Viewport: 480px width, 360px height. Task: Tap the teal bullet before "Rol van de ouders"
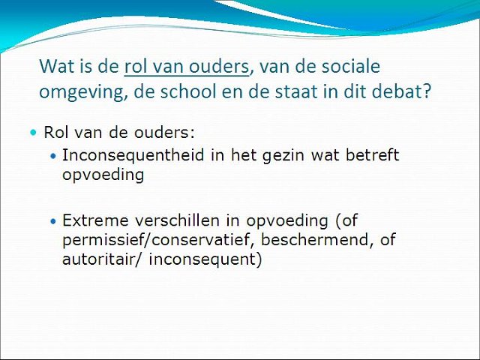33,133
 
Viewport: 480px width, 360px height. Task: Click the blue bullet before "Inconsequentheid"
53,156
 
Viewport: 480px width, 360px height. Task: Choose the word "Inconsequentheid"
133,155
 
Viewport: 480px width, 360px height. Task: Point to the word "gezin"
283,156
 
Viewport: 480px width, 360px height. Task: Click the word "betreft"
372,154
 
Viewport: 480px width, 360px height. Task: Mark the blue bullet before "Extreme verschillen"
53,221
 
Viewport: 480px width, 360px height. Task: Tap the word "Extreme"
95,220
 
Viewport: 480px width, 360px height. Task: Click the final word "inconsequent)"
205,259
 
